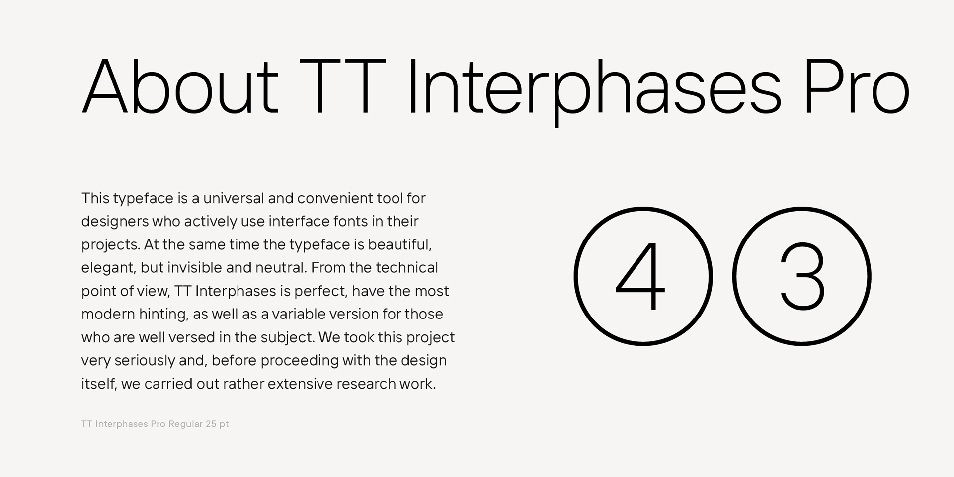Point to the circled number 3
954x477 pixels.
click(x=802, y=276)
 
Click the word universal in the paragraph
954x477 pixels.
click(x=234, y=198)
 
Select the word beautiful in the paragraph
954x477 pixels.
click(x=400, y=245)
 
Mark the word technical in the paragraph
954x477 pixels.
click(x=407, y=268)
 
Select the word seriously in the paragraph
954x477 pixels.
click(x=145, y=361)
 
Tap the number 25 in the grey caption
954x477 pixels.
click(x=211, y=424)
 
